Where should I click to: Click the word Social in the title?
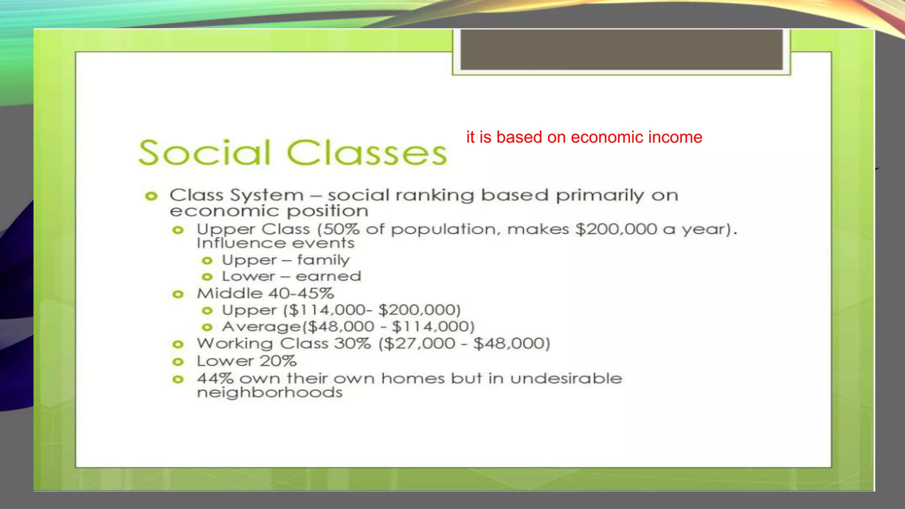click(x=204, y=153)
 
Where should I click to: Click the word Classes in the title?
click(x=367, y=153)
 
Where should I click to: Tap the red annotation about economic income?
click(x=584, y=137)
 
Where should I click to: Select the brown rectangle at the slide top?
click(x=621, y=49)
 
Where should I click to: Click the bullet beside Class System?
click(x=151, y=196)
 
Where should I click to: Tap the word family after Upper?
click(x=323, y=260)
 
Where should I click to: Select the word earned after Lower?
click(x=328, y=277)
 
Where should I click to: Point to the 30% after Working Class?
click(x=352, y=344)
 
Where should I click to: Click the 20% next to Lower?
click(x=278, y=361)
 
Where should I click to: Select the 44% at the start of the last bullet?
click(x=215, y=379)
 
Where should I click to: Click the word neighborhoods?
click(x=270, y=393)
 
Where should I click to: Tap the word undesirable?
click(x=566, y=379)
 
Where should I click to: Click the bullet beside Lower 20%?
click(x=178, y=362)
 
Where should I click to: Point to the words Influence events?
click(x=275, y=243)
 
